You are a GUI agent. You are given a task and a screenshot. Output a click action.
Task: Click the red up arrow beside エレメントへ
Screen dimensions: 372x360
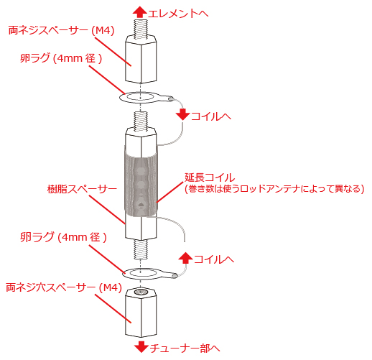point(140,12)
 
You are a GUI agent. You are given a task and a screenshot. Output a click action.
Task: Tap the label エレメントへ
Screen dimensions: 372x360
point(178,14)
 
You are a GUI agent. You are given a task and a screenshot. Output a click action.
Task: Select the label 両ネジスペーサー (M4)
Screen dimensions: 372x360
point(61,31)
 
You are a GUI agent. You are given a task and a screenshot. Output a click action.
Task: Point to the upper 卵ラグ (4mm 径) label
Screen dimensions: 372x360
point(61,58)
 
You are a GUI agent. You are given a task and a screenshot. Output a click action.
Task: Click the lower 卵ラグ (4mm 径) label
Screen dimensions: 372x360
point(63,237)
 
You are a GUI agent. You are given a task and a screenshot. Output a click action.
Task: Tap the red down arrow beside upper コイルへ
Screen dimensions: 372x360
point(183,114)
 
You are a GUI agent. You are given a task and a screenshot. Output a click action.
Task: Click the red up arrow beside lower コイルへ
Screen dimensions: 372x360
point(186,258)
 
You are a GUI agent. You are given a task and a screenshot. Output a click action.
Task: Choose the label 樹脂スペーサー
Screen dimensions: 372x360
point(82,189)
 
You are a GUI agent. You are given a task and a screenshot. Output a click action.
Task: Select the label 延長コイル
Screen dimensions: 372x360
point(210,177)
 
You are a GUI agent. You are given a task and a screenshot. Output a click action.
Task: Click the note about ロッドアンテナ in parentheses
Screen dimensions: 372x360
point(274,189)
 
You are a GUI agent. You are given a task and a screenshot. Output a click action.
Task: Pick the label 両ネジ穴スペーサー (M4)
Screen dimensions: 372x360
point(64,287)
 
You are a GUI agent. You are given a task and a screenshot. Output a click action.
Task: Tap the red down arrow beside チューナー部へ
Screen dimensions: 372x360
point(141,347)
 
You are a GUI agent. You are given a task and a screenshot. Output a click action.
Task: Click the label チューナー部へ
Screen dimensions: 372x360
point(185,349)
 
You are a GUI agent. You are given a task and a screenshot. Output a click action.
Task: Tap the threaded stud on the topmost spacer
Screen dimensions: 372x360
point(140,29)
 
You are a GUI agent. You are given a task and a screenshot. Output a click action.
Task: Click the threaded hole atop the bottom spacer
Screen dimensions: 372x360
point(141,292)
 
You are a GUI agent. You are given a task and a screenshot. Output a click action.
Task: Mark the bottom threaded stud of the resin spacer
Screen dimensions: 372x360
point(141,249)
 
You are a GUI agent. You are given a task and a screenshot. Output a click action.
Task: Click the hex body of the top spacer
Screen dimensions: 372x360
point(141,59)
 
